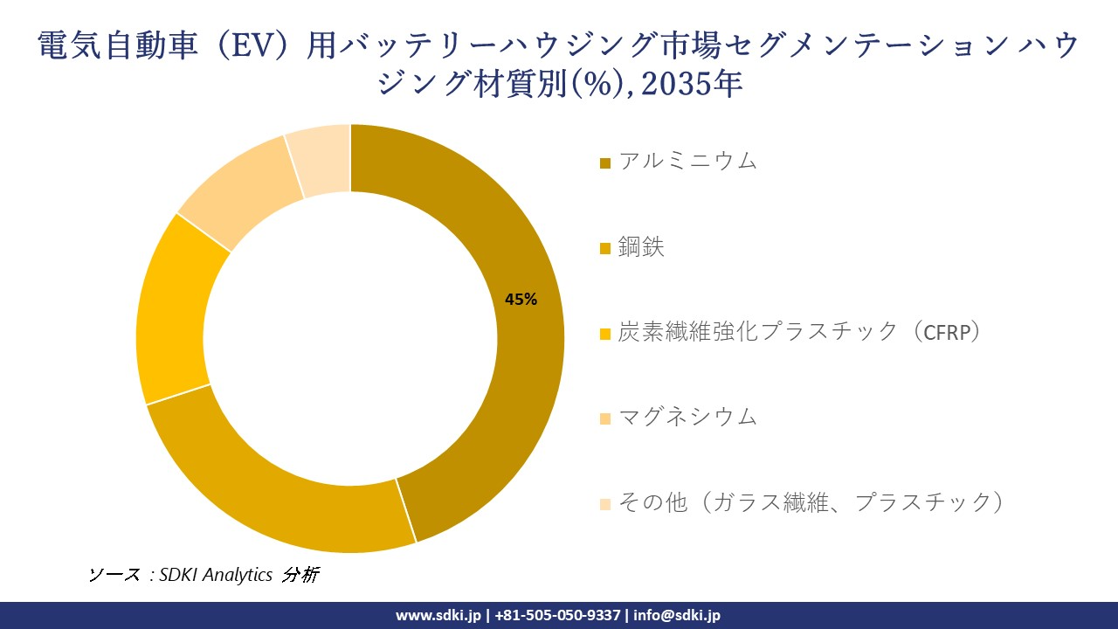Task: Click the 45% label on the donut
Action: coord(521,300)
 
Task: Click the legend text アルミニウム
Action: coord(687,161)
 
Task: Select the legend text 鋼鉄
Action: coord(641,247)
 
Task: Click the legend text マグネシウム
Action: coord(687,417)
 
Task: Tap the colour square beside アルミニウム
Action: coord(605,163)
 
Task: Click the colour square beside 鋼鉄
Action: coord(605,250)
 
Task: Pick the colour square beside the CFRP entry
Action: coord(605,335)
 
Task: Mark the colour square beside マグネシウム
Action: coord(605,419)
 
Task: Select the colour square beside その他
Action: coord(605,504)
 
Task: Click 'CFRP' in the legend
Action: coord(941,332)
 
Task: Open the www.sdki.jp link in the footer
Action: coord(438,615)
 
